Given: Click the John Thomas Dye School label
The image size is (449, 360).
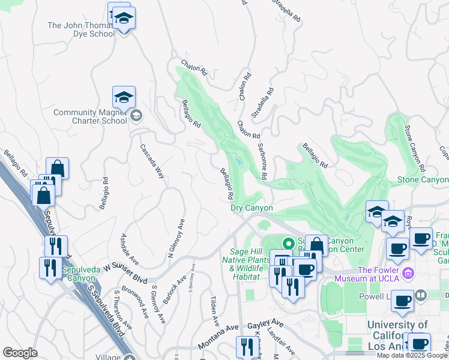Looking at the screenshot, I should click(x=80, y=29).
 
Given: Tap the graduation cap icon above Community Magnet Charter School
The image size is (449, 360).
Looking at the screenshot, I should click(x=124, y=97).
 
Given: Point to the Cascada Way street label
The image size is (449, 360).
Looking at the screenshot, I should click(x=152, y=161).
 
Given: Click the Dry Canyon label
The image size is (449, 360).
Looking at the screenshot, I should click(x=252, y=208).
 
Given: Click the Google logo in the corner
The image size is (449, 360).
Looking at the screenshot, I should click(x=20, y=353).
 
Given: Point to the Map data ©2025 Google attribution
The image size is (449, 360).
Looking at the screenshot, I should click(x=412, y=355).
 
